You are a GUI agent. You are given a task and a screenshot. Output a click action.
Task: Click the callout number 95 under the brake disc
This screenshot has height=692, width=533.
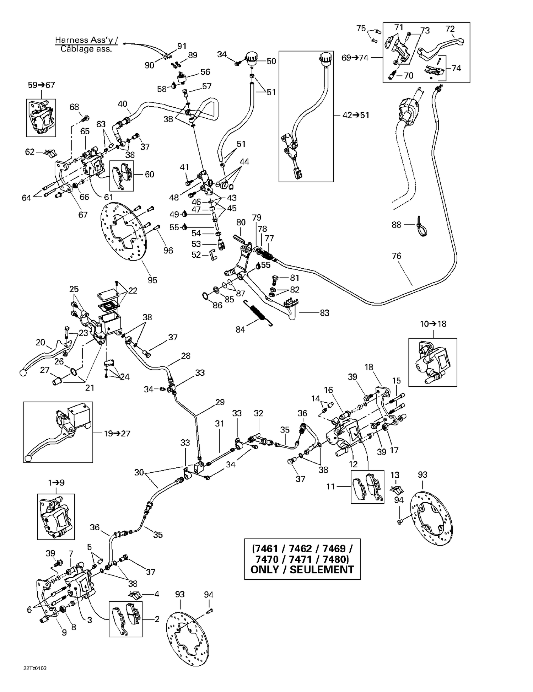pyautogui.click(x=152, y=280)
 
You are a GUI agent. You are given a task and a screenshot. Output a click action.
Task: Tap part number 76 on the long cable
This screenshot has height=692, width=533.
pyautogui.click(x=396, y=256)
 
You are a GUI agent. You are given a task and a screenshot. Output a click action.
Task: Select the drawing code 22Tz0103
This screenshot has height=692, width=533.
pyautogui.click(x=35, y=668)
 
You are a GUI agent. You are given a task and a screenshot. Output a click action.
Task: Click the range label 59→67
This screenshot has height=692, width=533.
pyautogui.click(x=42, y=85)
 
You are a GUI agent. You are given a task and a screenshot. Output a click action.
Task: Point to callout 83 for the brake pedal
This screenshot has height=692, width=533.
pyautogui.click(x=324, y=313)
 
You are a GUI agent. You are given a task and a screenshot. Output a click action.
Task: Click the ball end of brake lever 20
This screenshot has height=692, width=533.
pyautogui.click(x=23, y=372)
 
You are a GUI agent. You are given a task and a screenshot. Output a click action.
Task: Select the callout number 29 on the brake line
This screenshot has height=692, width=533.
pyautogui.click(x=220, y=402)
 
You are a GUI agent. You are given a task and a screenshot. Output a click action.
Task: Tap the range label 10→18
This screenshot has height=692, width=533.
pyautogui.click(x=433, y=324)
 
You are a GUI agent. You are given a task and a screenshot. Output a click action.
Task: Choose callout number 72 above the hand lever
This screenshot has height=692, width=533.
pyautogui.click(x=450, y=29)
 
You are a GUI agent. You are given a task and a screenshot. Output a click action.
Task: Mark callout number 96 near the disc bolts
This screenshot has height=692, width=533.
pyautogui.click(x=168, y=250)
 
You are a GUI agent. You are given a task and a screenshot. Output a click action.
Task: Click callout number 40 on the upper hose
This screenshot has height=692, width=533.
pyautogui.click(x=122, y=104)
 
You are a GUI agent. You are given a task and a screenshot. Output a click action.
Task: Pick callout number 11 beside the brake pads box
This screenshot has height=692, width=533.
pyautogui.click(x=330, y=486)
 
